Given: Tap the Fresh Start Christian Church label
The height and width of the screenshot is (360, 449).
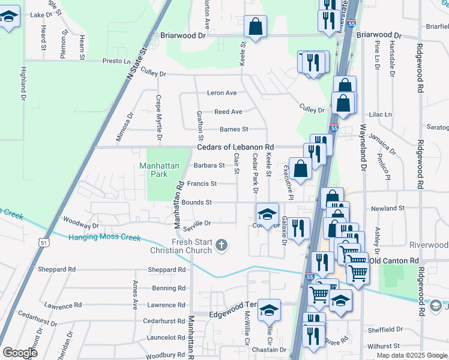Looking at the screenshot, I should click(x=191, y=246).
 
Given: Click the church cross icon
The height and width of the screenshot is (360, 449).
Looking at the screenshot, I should click(x=221, y=245).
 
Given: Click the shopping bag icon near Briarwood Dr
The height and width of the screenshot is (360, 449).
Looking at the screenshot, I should click(x=256, y=26).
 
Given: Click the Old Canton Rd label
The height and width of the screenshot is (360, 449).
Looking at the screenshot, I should click(x=393, y=260).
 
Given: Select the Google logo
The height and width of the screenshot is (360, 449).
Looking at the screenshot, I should click(x=20, y=353).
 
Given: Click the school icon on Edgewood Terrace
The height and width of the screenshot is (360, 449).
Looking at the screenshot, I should click(x=270, y=308).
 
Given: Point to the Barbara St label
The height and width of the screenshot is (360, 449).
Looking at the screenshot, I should click(x=209, y=166).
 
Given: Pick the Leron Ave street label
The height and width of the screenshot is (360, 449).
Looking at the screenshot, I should click(x=222, y=93).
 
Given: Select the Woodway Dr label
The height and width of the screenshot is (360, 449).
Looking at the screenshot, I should click(x=80, y=226).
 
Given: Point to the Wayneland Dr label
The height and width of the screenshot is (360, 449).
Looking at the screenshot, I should click(x=362, y=150).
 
